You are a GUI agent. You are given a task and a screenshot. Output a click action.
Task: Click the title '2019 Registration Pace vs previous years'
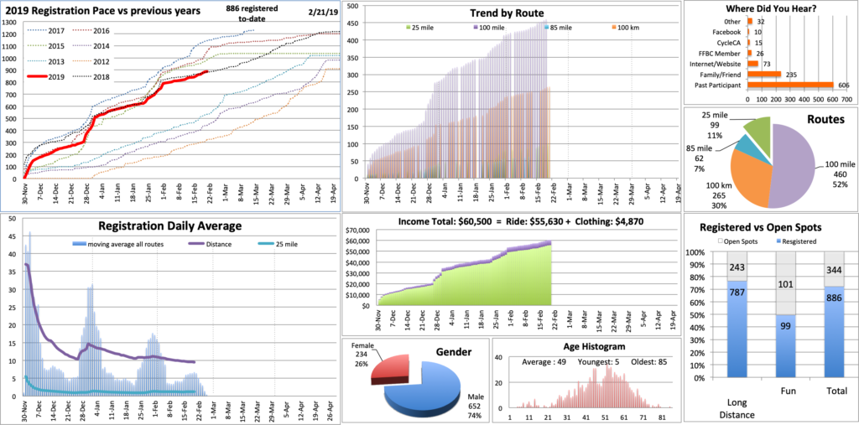point(104,12)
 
